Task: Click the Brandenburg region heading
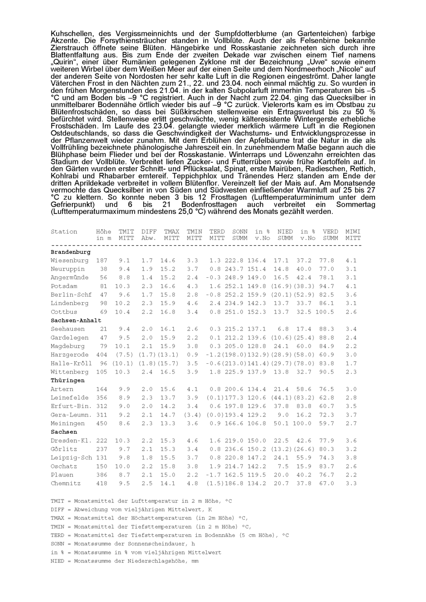(70, 252)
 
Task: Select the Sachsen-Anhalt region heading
(76, 320)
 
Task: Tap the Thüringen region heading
(67, 380)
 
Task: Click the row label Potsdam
(64, 286)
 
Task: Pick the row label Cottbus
(64, 312)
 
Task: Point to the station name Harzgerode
(69, 354)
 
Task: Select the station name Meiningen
(68, 423)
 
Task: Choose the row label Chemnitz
(66, 483)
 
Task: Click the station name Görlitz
(64, 449)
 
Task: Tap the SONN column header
(240, 232)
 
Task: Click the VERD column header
(330, 232)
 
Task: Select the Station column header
(64, 232)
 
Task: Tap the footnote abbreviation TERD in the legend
(58, 535)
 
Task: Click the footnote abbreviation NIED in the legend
(58, 561)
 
